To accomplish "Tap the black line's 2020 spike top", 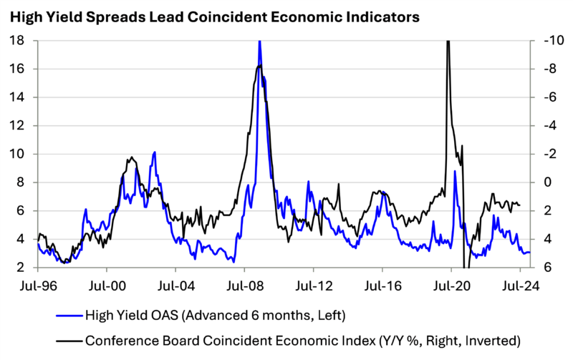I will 448,43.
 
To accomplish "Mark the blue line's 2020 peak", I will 455,171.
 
